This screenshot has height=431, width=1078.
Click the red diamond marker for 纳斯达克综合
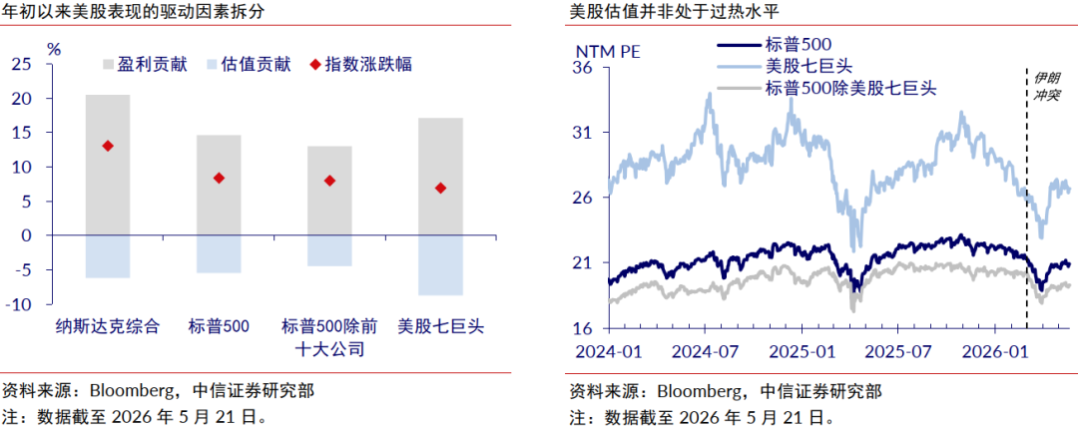coord(107,146)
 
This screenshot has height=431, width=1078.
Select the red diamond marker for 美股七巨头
coord(440,188)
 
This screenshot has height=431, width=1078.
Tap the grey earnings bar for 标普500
coord(219,185)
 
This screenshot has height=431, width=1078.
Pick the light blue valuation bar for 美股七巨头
coord(440,264)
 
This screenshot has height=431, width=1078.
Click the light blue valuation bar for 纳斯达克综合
coord(107,256)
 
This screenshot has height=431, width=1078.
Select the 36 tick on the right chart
coord(583,68)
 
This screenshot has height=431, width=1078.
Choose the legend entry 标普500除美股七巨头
coord(827,88)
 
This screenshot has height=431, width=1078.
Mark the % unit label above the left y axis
coord(54,49)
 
